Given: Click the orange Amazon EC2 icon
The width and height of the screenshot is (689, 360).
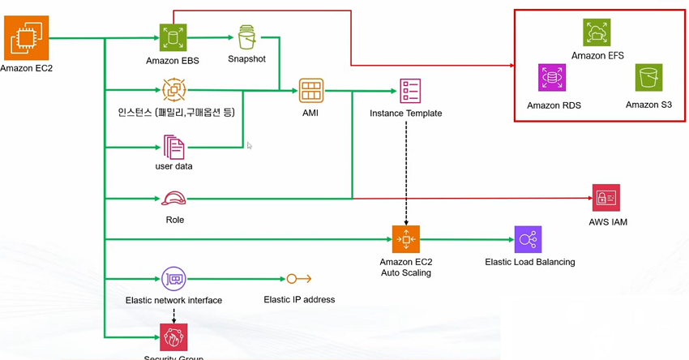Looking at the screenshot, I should coord(26,38).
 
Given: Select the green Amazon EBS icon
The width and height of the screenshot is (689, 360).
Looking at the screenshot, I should coord(173,37).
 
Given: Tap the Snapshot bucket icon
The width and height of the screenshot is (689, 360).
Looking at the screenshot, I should coord(246,37).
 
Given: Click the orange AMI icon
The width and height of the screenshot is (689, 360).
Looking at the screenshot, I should coord(310,91).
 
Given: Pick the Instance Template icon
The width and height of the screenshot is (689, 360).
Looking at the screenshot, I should coord(410,91).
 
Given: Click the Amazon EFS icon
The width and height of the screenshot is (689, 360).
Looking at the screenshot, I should coord(597,32).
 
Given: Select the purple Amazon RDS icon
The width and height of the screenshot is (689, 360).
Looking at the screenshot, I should coord(552,79).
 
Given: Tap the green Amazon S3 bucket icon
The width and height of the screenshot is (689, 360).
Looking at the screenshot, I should coord(648,78).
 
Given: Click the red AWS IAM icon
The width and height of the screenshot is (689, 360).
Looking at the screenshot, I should coord(606,198).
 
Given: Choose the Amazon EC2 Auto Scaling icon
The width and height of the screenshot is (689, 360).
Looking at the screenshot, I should coord(405,239).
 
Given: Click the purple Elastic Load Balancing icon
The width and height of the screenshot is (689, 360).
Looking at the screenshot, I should coord(528,239).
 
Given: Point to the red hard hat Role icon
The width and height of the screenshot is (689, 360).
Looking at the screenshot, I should coord(173,199).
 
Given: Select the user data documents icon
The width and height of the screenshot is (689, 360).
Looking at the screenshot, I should coord(173,147).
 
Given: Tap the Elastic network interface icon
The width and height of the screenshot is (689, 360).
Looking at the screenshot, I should coord(173,279).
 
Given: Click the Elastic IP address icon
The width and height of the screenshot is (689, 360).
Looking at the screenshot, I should coord(298,279).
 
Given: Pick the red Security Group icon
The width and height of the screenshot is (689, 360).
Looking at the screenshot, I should coord(173,336).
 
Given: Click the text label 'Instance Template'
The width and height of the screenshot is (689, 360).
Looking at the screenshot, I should coord(405,114).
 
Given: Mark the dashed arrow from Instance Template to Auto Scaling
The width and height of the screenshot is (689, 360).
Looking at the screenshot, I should coord(405,170).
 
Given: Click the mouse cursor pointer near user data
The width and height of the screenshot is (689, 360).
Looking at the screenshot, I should coord(250,146).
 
